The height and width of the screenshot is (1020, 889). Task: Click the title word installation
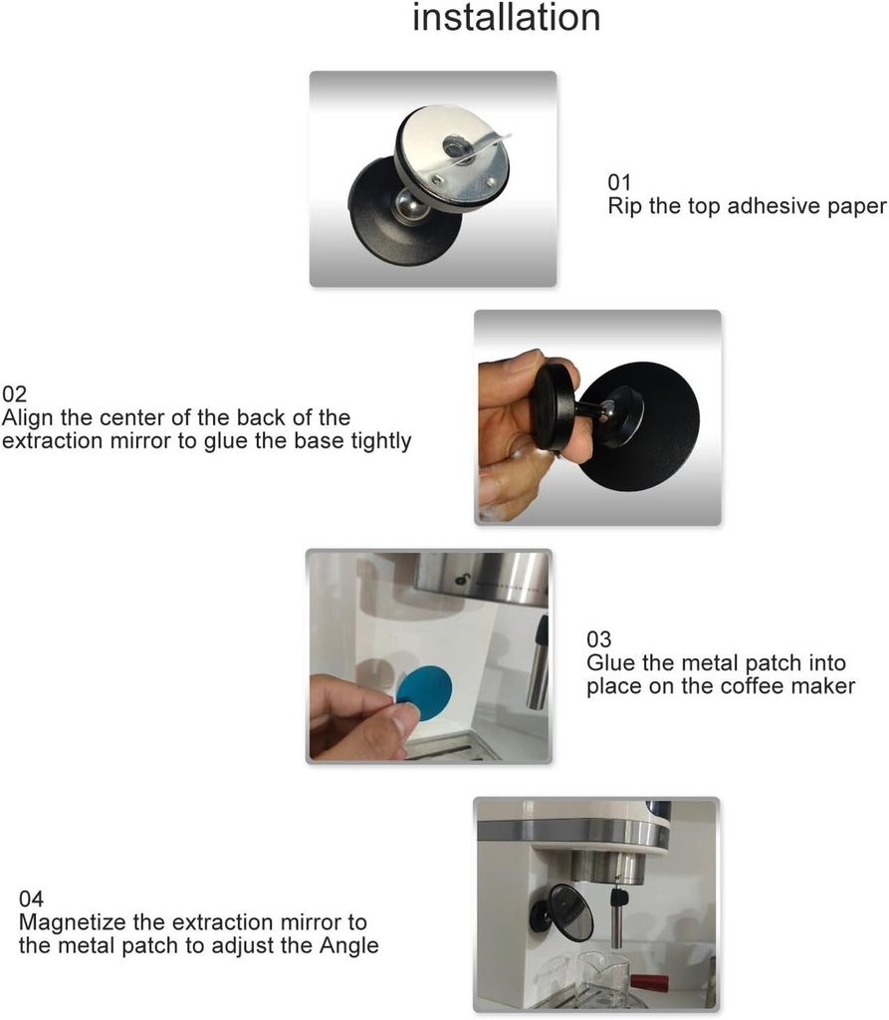coord(506,18)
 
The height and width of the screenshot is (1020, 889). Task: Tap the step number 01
coord(620,183)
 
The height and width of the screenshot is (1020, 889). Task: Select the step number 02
coord(15,393)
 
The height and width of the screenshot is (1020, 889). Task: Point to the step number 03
coord(599,639)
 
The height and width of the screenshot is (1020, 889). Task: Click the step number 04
coord(31,899)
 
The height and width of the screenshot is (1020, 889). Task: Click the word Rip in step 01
coord(624,207)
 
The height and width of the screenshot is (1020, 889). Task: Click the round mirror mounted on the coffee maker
coord(572,911)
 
